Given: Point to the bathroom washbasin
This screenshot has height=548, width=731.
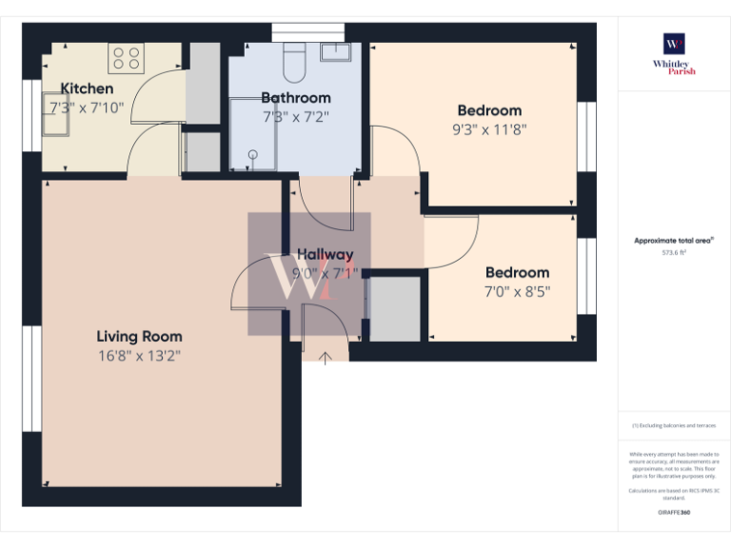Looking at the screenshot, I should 335,51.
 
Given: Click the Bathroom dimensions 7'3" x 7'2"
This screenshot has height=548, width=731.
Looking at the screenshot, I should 296,117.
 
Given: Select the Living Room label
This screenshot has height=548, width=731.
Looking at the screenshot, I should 139,336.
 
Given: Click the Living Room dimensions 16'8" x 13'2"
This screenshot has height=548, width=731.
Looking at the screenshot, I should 139,357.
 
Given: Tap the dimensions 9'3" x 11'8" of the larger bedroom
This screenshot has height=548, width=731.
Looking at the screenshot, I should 489,130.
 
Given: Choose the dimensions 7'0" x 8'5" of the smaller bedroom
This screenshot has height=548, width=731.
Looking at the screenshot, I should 517,291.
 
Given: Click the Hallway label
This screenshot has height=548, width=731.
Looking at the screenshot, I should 325,254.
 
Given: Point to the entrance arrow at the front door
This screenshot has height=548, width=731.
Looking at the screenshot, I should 326,357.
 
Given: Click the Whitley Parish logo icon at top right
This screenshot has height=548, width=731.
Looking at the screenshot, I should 674,45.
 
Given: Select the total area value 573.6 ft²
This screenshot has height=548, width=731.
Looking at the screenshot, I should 674,253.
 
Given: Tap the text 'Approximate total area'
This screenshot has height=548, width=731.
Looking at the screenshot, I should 673,241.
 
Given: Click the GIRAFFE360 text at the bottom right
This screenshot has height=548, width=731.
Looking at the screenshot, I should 674,514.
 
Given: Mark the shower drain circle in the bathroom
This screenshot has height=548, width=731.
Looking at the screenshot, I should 253,153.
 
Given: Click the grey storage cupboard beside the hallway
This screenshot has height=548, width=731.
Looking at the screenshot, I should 394,309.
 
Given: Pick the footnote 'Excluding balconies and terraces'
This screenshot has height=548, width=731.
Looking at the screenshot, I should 674,425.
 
